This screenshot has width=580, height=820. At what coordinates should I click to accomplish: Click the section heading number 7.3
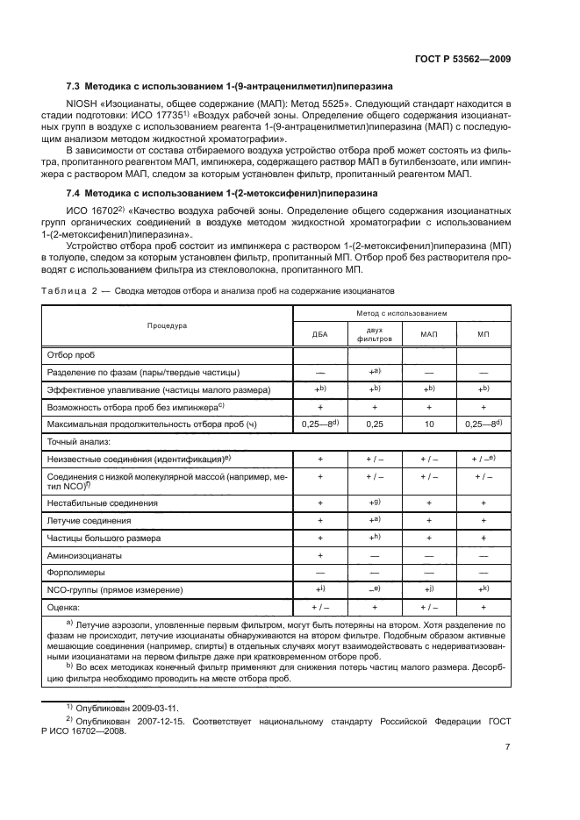pyautogui.click(x=75, y=86)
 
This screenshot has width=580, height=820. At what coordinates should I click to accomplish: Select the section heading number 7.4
pyautogui.click(x=75, y=191)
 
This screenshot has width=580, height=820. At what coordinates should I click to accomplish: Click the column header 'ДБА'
pyautogui.click(x=319, y=334)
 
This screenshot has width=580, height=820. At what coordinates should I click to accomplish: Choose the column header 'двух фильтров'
pyautogui.click(x=375, y=334)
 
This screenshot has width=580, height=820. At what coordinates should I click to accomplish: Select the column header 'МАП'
pyautogui.click(x=429, y=334)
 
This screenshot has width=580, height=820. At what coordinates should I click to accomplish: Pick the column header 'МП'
pyautogui.click(x=483, y=334)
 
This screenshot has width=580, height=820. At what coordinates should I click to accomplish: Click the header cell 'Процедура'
pyautogui.click(x=167, y=325)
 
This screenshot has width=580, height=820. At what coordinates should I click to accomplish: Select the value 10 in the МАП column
pyautogui.click(x=429, y=424)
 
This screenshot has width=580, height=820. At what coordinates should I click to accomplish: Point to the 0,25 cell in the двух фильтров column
pyautogui.click(x=375, y=424)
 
